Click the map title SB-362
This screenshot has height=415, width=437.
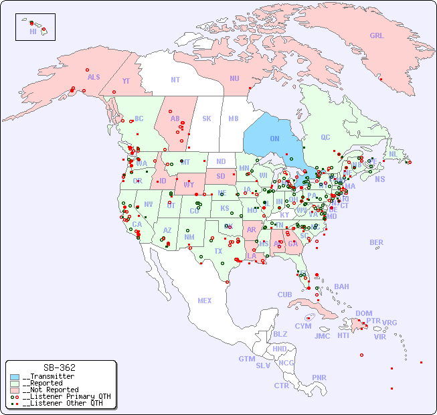59,367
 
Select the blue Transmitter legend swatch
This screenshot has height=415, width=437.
15,377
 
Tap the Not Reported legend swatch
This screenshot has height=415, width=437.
15,390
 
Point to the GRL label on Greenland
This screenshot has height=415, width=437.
377,35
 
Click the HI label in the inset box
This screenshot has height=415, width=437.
33,31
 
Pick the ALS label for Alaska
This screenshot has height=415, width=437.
94,77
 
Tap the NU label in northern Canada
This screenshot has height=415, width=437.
234,78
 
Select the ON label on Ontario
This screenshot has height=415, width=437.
274,139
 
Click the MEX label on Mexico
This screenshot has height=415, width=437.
205,301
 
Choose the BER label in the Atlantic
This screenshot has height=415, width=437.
377,242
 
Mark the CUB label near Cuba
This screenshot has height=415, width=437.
285,295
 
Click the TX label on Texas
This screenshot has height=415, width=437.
218,251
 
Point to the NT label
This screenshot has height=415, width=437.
175,80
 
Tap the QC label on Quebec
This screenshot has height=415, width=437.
325,137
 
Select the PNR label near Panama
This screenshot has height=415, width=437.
319,378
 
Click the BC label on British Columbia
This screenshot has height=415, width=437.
139,118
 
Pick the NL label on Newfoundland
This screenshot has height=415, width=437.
394,153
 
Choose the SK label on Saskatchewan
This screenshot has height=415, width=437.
207,118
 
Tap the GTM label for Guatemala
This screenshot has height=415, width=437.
246,359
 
